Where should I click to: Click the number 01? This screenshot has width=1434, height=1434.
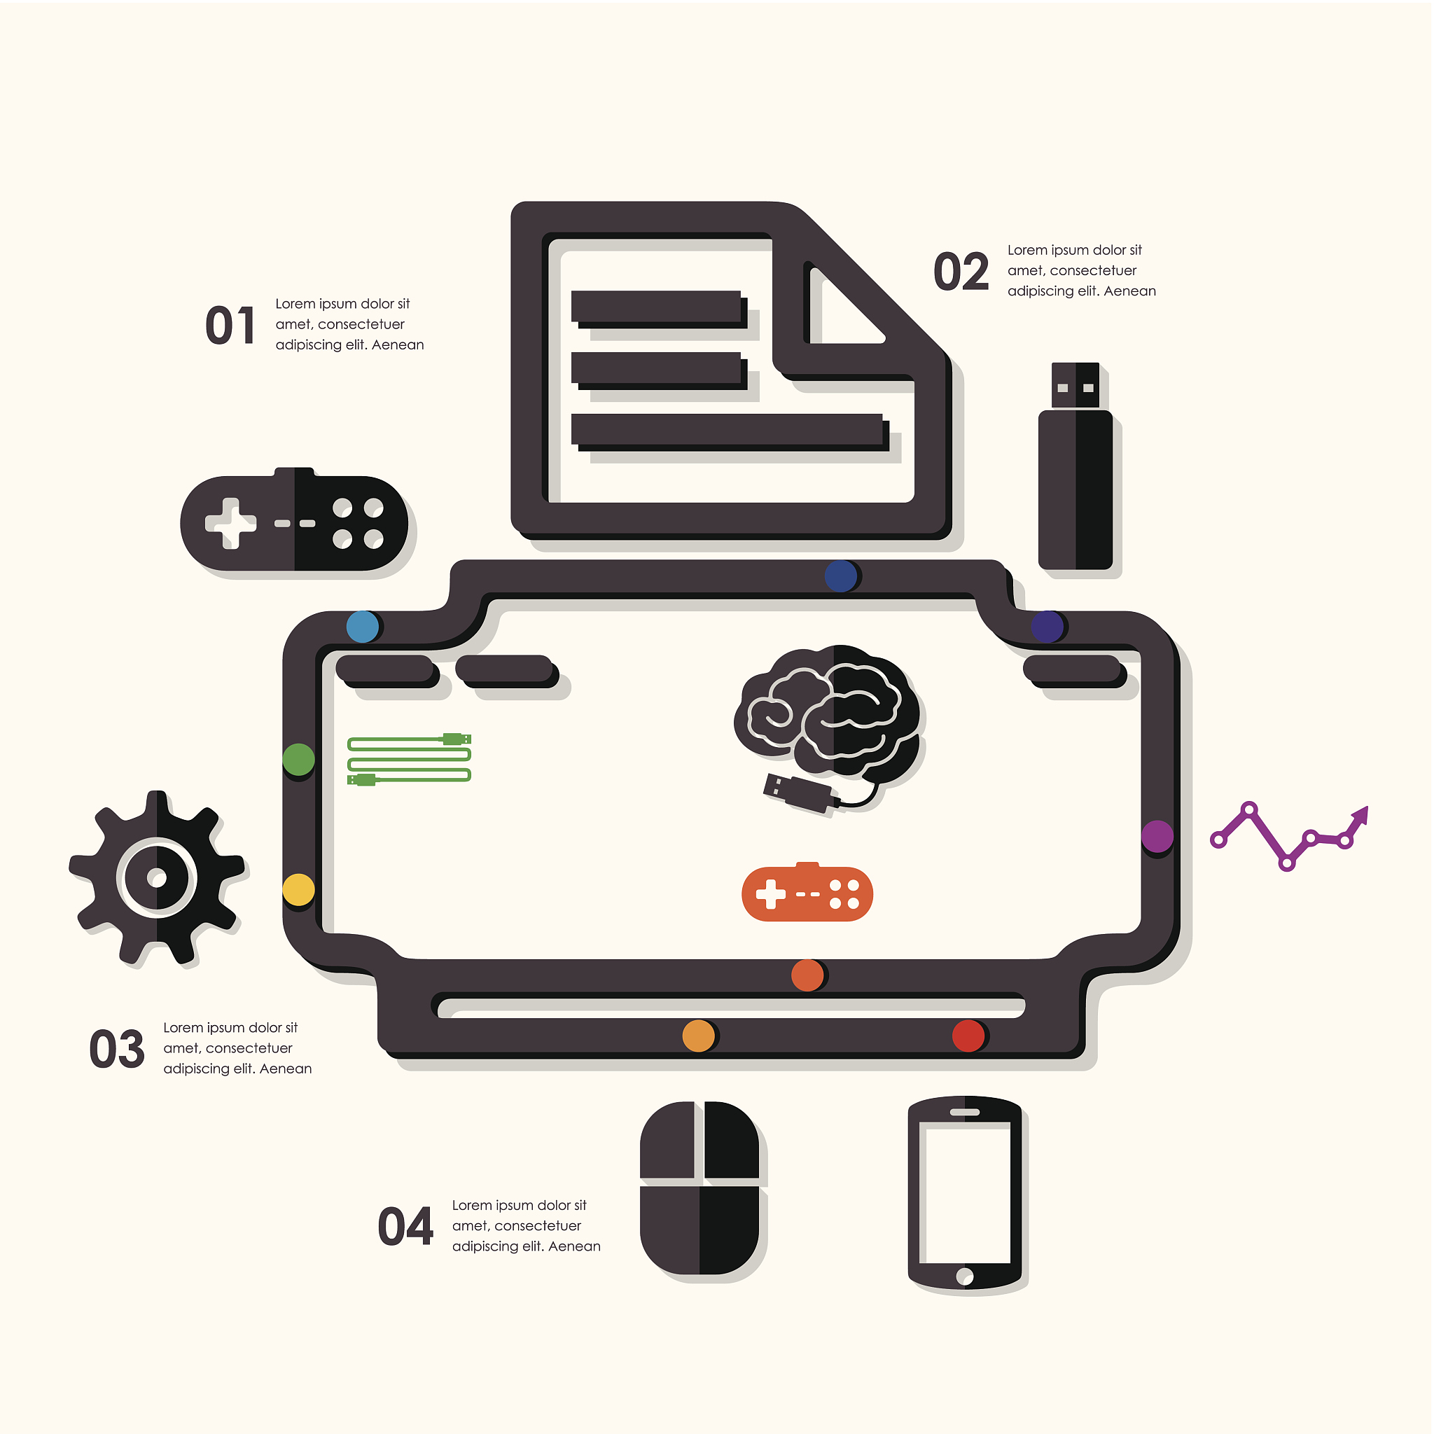pos(230,325)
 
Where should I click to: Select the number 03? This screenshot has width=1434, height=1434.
pos(116,1049)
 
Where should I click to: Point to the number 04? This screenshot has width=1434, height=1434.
pos(405,1226)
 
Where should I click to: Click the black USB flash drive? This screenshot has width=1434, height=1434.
pos(1075,466)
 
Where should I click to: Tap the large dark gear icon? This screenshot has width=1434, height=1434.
pos(157,877)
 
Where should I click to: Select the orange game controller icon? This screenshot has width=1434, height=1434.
pos(807,892)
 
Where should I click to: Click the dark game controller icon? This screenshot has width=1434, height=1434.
pos(294,520)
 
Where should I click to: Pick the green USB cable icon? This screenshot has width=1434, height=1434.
pos(409,758)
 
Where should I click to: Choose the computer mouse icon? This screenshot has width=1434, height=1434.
pos(699,1188)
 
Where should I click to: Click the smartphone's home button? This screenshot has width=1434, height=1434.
pos(965,1276)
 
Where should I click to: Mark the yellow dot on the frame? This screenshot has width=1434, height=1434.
pos(299,890)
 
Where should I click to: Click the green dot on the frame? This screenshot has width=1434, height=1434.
pos(298,759)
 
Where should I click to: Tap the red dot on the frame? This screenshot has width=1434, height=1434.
pos(968,1036)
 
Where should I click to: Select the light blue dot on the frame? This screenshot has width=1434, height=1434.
pos(363,627)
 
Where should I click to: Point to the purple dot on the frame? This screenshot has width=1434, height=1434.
pos(1157,837)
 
